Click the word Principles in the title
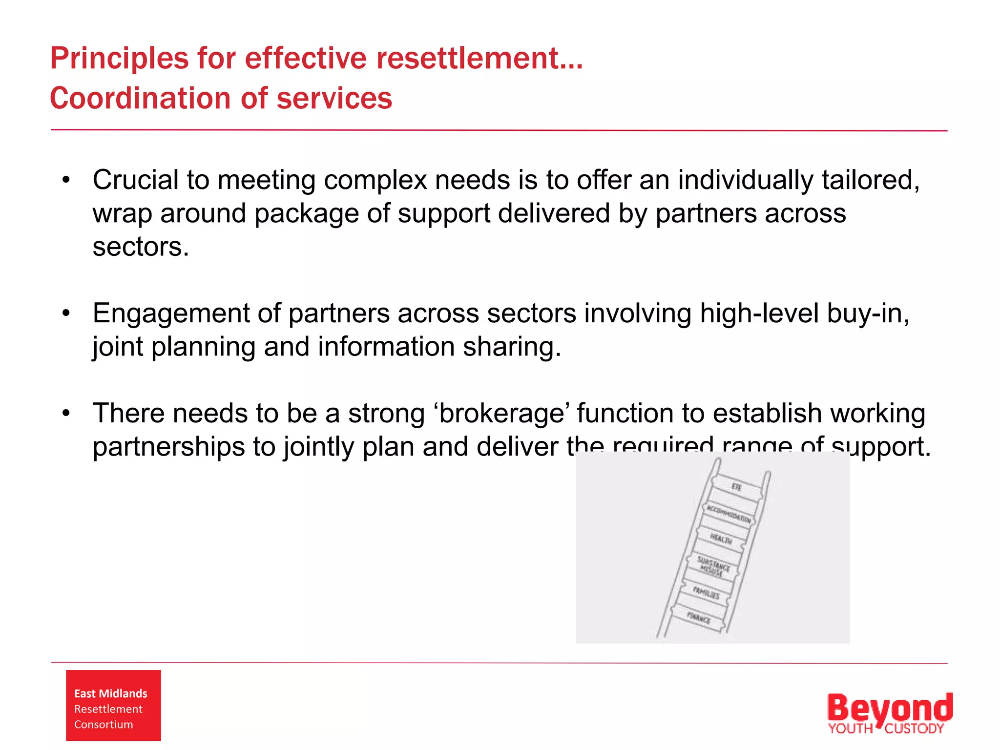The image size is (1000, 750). point(119,59)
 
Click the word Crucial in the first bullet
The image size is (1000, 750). point(135,180)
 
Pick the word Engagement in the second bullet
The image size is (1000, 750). point(171,313)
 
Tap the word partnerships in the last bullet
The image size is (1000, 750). point(169,447)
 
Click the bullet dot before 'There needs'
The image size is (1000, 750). point(66,414)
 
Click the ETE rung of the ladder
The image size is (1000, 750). point(737,487)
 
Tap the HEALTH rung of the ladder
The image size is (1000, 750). point(721,540)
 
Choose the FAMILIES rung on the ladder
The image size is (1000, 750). point(706,594)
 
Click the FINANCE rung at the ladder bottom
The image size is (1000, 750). point(699,619)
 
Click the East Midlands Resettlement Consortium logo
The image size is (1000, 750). point(113,705)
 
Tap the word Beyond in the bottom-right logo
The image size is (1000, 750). point(890,708)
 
